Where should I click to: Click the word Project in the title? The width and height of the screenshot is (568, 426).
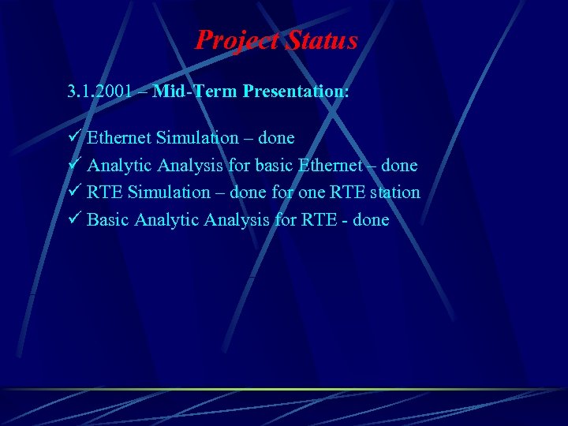(x=234, y=39)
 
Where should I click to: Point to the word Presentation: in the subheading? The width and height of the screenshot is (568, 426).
(x=296, y=92)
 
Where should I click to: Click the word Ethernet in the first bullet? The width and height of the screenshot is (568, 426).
(x=119, y=138)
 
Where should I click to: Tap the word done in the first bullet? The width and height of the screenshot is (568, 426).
(x=276, y=138)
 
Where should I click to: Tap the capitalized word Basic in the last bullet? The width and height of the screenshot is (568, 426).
(x=108, y=220)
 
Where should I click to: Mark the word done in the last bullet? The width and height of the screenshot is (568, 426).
(x=371, y=220)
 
